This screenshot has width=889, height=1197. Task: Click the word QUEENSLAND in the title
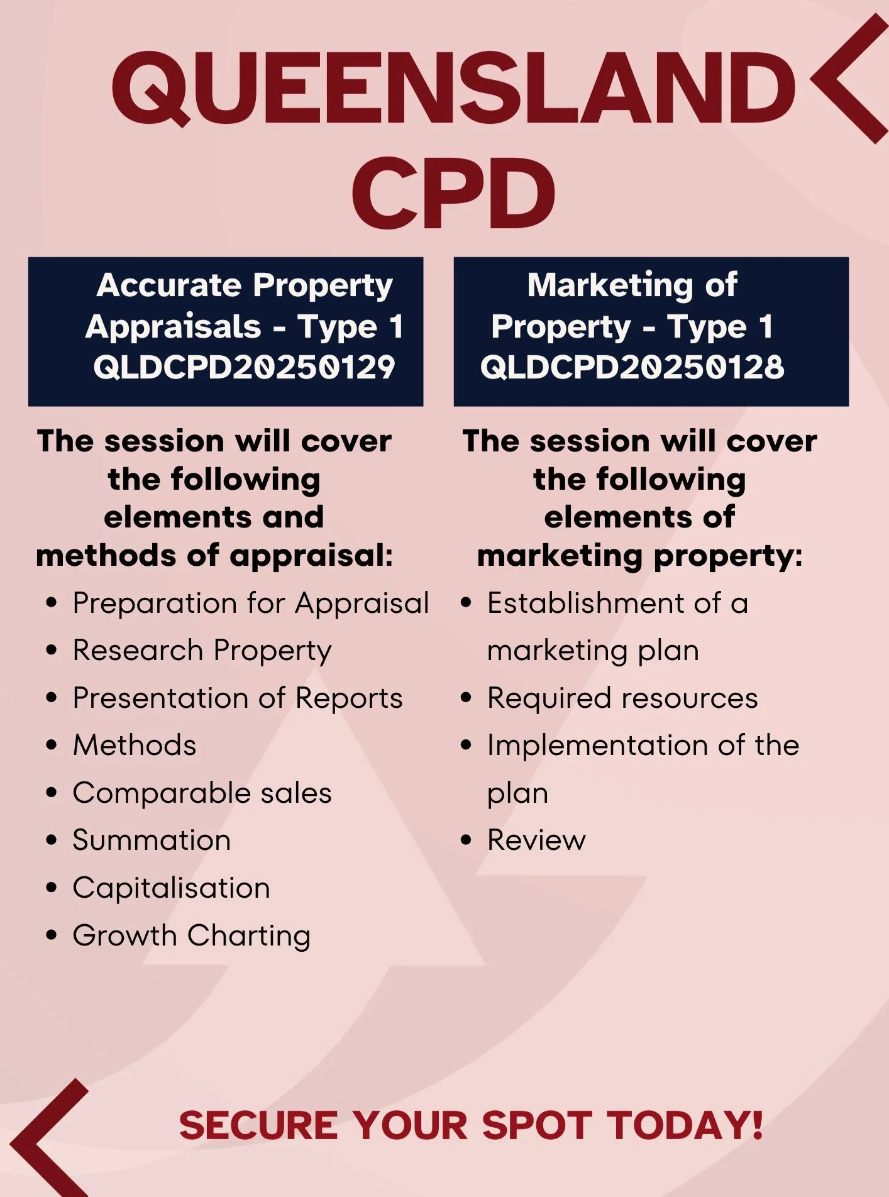tap(453, 88)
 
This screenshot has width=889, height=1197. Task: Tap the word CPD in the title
tap(453, 193)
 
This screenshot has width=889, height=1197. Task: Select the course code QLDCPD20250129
tap(244, 367)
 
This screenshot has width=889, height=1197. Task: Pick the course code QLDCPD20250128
tap(632, 367)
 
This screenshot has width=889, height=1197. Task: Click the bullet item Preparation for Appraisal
tap(250, 604)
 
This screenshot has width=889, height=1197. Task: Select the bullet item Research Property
tap(202, 651)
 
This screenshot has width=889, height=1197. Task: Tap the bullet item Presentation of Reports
tap(237, 698)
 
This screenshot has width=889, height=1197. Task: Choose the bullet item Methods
tap(135, 746)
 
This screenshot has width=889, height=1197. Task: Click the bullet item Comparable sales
tap(202, 793)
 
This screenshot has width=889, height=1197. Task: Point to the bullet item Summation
tap(152, 841)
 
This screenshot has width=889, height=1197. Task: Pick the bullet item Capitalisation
tap(171, 888)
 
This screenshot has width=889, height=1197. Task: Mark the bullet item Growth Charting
tap(191, 935)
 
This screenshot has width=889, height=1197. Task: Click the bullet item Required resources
tap(622, 698)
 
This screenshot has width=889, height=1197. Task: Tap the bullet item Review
tap(536, 841)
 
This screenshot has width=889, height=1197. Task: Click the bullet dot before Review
tap(466, 841)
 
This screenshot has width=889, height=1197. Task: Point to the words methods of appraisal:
tap(214, 556)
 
